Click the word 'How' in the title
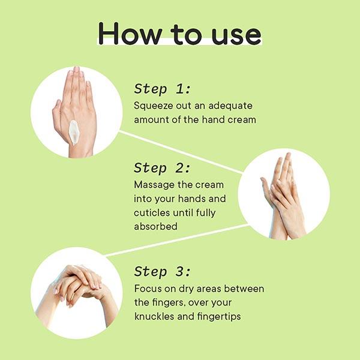(x=130, y=34)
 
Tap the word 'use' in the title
(x=236, y=36)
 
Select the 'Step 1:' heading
(x=163, y=89)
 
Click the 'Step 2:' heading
(x=162, y=168)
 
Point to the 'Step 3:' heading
(x=163, y=271)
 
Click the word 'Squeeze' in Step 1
(x=154, y=106)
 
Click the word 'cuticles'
(x=152, y=212)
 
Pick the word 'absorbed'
(x=155, y=226)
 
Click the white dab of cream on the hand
(x=74, y=133)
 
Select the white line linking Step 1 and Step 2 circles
(x=181, y=152)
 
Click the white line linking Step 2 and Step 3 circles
(x=176, y=240)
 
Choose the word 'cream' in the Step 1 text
(x=242, y=120)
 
